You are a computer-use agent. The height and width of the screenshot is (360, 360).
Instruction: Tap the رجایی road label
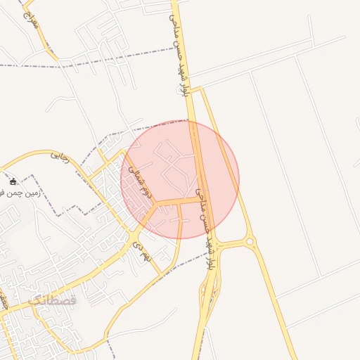tap(60, 157)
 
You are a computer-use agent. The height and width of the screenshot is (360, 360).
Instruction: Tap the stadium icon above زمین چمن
tap(13, 182)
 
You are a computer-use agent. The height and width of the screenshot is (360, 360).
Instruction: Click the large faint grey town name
tap(53, 301)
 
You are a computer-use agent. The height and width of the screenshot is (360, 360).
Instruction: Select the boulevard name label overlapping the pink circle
tap(204, 229)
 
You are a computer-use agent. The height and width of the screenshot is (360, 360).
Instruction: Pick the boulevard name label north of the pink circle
tap(180, 53)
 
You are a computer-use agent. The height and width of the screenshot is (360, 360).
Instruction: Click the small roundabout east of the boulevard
tap(250, 242)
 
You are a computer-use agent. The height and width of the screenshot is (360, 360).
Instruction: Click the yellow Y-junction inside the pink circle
tap(156, 203)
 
